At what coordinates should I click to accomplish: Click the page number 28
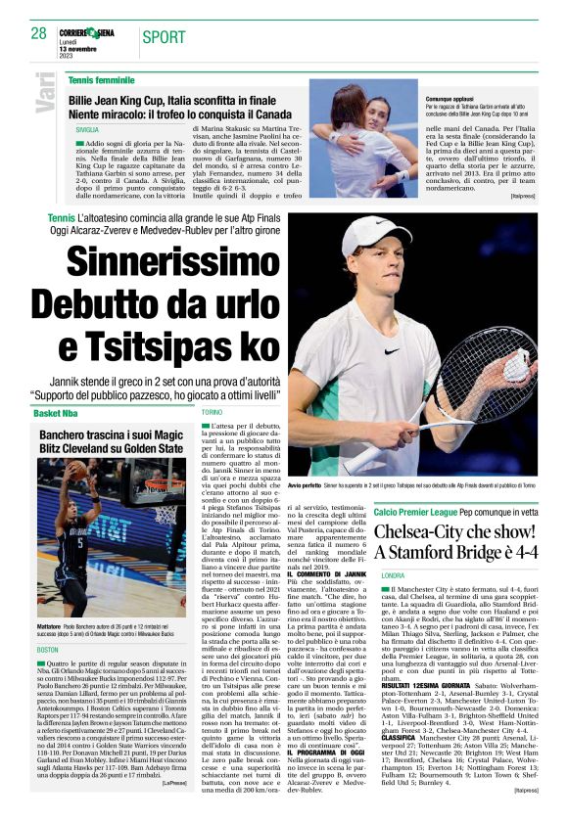click(39, 33)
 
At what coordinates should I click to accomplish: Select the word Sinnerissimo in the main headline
click(175, 261)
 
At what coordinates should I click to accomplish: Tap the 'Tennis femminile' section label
click(102, 79)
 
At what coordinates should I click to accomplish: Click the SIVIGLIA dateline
click(86, 130)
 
